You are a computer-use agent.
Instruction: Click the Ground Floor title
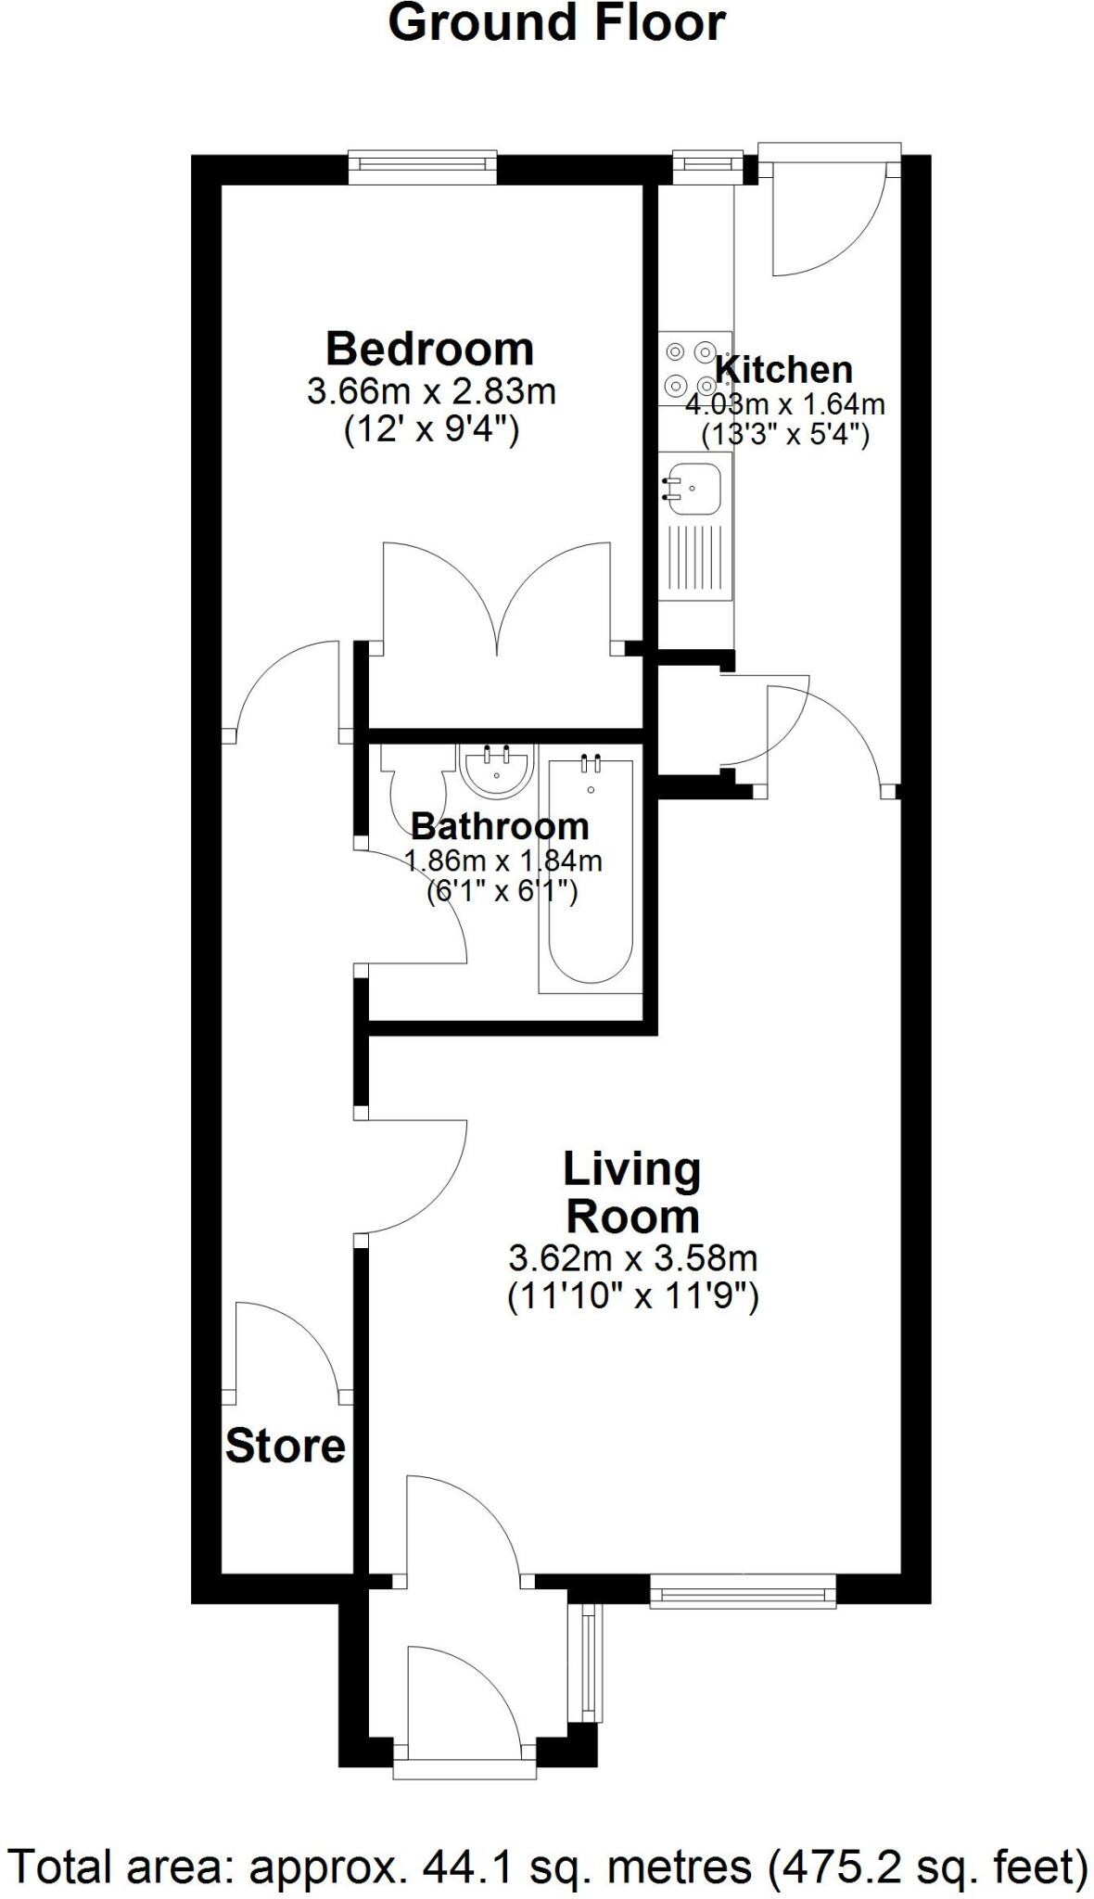click(556, 23)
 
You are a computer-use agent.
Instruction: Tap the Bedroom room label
click(429, 350)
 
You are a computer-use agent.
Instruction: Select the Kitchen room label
click(784, 369)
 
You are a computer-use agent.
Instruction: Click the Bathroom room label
click(500, 825)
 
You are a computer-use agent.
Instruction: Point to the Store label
click(286, 1446)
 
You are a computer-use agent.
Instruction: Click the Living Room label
click(632, 1192)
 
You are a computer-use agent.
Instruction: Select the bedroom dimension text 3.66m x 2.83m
click(431, 391)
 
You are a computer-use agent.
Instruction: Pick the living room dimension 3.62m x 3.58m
click(633, 1258)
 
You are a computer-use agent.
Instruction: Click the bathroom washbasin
click(497, 771)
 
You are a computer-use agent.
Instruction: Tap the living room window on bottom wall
click(743, 1594)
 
